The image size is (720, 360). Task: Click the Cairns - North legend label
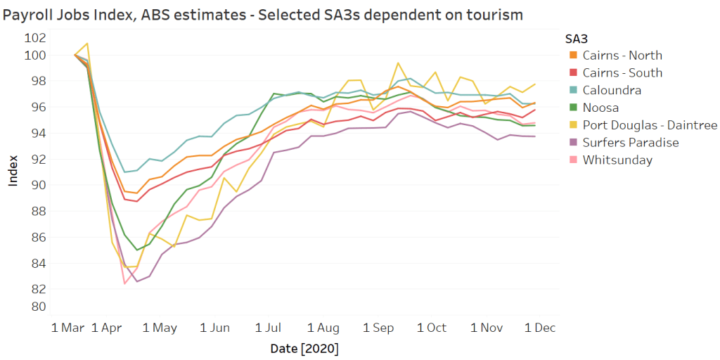[622, 56]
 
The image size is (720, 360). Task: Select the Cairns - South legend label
[622, 73]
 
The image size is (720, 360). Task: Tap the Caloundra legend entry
[612, 90]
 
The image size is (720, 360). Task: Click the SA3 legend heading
[576, 38]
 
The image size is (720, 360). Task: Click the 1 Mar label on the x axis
[70, 328]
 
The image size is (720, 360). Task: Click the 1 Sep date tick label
[378, 328]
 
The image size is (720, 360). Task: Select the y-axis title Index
[13, 172]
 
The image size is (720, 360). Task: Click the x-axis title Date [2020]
[304, 348]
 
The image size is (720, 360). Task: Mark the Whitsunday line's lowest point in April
[124, 283]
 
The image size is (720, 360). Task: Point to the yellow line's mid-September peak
[398, 63]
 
